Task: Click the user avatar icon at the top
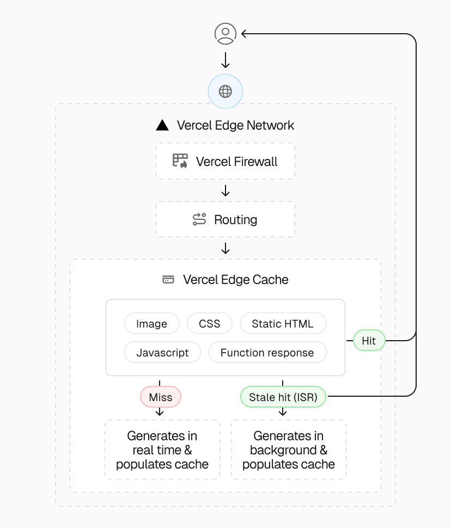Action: (225, 34)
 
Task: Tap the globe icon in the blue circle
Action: (225, 91)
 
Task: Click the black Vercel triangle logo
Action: (162, 125)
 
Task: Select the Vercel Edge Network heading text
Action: (235, 125)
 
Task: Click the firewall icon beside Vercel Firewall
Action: (180, 161)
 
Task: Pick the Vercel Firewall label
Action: (236, 162)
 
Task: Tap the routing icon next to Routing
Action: (199, 219)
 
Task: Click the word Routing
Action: (235, 220)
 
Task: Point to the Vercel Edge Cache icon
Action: (168, 280)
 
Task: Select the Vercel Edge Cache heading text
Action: (235, 280)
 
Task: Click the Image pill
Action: (151, 324)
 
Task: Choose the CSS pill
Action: (210, 324)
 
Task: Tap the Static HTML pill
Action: (283, 324)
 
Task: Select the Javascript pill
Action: (162, 353)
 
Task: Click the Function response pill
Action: (267, 353)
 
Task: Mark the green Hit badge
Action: (369, 341)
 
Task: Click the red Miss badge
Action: (160, 397)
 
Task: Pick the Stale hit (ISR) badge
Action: (283, 397)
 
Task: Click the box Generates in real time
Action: (162, 450)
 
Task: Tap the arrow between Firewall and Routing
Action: (225, 191)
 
